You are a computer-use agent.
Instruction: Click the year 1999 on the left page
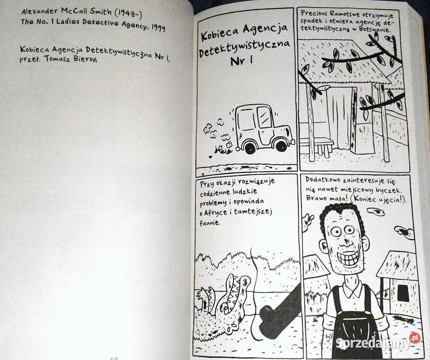[x=158, y=27]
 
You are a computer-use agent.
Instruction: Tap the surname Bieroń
[x=85, y=59]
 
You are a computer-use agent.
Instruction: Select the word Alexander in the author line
[x=39, y=11]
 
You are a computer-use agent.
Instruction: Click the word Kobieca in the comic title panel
[x=220, y=33]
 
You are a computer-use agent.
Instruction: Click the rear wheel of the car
[x=250, y=147]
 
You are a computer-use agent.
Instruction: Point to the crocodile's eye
[x=245, y=280]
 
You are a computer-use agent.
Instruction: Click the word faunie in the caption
[x=210, y=222]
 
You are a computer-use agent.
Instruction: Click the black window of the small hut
[x=403, y=292]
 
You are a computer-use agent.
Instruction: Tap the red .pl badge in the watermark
[x=414, y=337]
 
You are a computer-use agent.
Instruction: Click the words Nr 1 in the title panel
[x=241, y=60]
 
